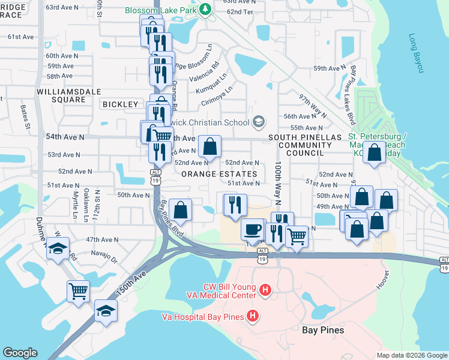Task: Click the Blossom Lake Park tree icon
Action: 205,9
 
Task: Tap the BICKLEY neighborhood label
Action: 121,104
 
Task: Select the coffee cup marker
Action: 252,229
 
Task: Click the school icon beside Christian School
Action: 259,122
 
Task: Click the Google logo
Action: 20,353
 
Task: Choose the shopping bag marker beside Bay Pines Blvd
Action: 180,210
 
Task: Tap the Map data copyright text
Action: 411,355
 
